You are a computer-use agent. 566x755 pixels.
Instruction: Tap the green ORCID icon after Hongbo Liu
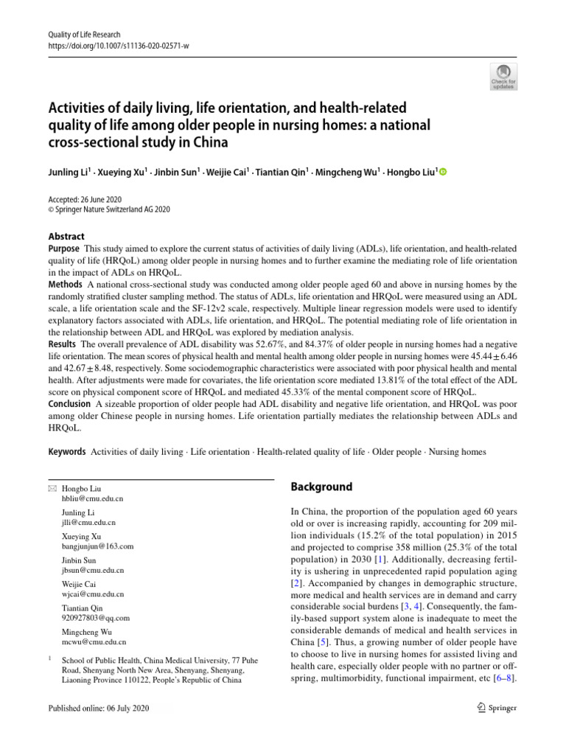[x=444, y=172]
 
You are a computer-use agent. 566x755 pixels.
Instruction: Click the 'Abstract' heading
[x=66, y=236]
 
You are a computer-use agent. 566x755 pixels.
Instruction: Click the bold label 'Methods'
[x=66, y=284]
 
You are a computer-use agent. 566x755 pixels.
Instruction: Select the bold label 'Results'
[x=63, y=344]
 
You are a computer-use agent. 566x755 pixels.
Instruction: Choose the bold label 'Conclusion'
[x=69, y=405]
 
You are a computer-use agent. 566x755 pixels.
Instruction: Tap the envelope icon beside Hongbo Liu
[x=51, y=489]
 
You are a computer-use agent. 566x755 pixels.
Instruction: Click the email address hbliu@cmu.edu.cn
[x=93, y=499]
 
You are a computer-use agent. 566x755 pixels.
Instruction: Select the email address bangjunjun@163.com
[x=98, y=546]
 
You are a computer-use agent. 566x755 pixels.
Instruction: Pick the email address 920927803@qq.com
[x=96, y=618]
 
